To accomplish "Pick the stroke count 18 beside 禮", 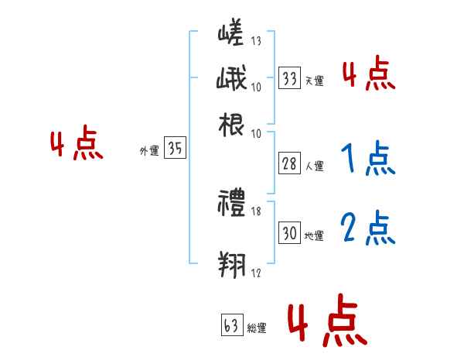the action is tap(257, 211).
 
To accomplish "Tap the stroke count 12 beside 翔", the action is tap(257, 272).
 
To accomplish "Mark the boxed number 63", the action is tap(231, 326).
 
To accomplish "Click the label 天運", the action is tap(314, 81).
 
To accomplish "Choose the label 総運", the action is tap(258, 328).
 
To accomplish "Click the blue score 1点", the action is tap(368, 160).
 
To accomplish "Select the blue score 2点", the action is tap(368, 228).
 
